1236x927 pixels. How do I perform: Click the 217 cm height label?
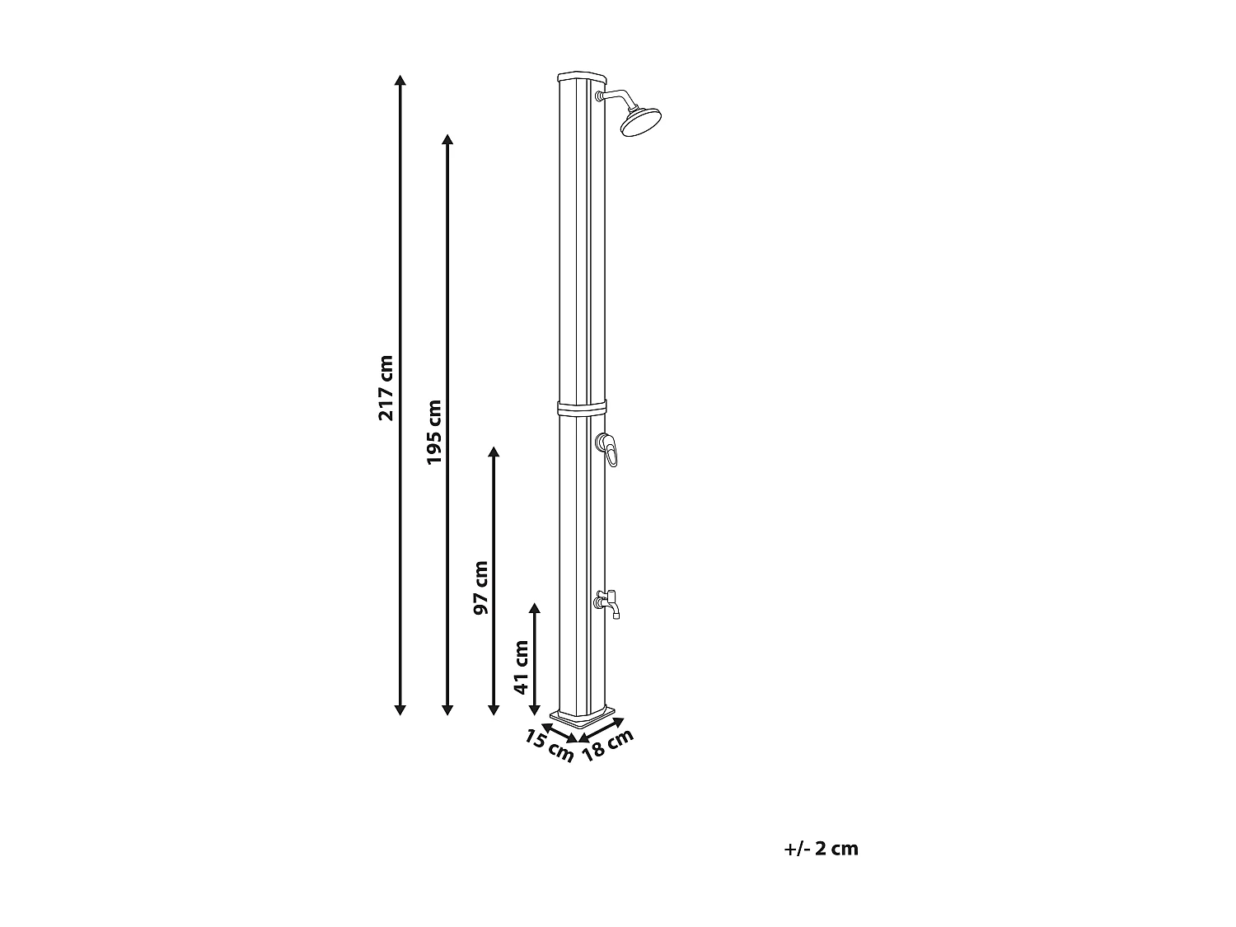(x=386, y=387)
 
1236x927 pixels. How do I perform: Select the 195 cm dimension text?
(x=434, y=432)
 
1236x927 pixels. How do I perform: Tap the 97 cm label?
(x=481, y=588)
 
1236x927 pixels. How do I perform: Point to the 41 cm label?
(x=521, y=667)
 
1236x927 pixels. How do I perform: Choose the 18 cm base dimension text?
(x=608, y=745)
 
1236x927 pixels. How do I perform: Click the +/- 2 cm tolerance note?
(x=822, y=849)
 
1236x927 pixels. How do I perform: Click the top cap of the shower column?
(x=581, y=77)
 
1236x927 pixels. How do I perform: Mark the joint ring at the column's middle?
(x=582, y=407)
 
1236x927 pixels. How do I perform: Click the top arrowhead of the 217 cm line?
(x=400, y=81)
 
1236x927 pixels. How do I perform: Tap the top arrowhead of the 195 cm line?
(x=447, y=138)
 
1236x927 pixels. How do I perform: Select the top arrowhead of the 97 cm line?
(x=494, y=452)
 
